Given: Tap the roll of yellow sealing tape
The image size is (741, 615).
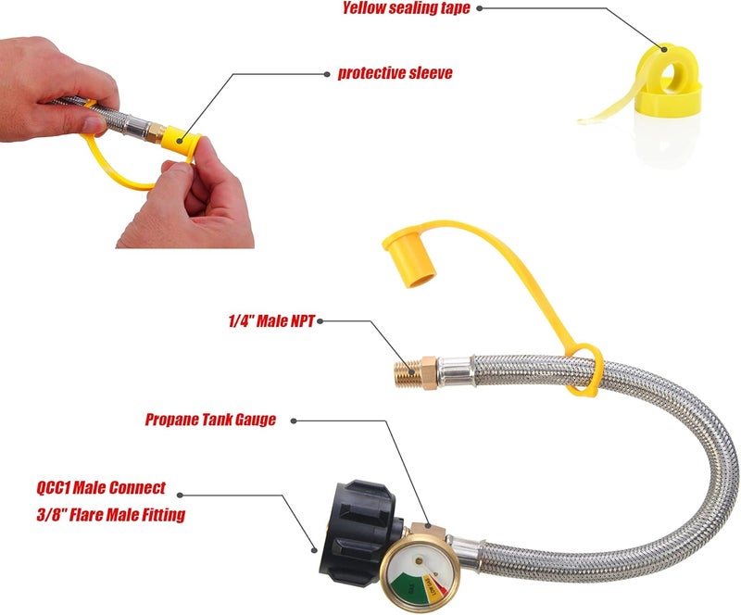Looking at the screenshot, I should click(668, 83).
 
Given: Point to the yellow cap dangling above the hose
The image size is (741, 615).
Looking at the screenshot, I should click(409, 255).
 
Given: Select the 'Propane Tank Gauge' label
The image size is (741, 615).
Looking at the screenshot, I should click(210, 420).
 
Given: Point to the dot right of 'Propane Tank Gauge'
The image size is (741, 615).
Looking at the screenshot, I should click(295, 420).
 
